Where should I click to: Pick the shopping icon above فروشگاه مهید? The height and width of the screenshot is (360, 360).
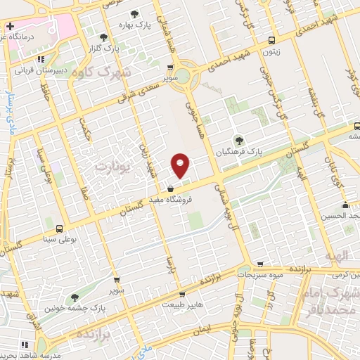click(x=171, y=187)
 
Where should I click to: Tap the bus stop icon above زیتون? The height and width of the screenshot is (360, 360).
click(x=272, y=40)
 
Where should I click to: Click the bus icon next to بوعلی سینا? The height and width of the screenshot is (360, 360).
click(x=58, y=229)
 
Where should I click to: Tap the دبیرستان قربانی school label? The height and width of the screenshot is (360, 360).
click(x=42, y=70)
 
